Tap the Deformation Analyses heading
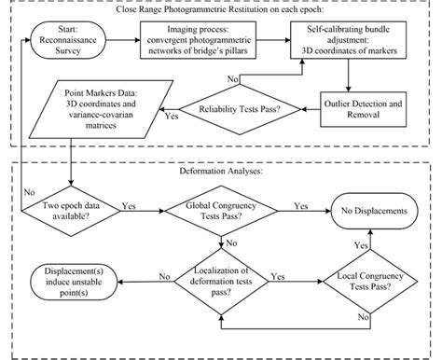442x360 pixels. click(220, 172)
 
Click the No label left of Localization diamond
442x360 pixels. click(165, 276)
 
